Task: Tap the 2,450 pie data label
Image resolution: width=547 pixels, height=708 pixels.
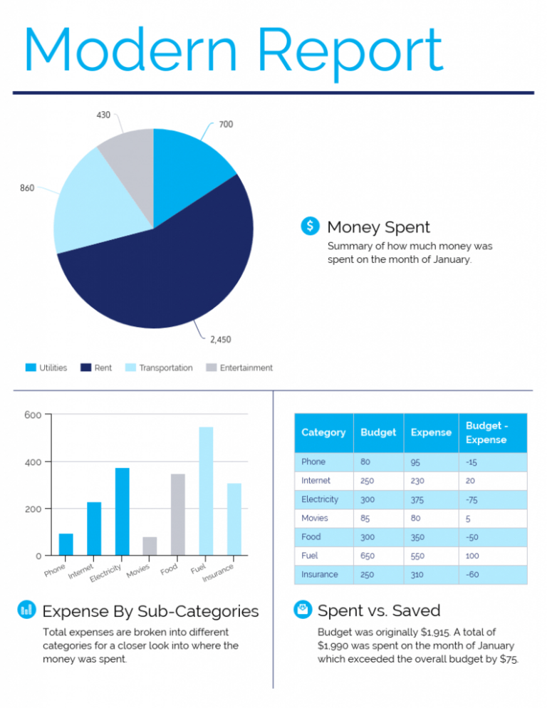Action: coord(220,339)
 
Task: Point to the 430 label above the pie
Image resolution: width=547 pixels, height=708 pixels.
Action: coord(103,115)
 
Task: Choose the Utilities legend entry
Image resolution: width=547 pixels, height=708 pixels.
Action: coord(46,368)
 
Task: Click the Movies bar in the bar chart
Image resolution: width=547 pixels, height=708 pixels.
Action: coord(150,546)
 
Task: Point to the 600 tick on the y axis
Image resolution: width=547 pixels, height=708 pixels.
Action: coord(33,415)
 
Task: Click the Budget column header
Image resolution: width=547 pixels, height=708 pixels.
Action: coord(378,432)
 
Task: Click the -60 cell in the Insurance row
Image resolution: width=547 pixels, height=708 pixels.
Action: coord(472,574)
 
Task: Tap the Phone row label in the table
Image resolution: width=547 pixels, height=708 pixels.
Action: coord(313,462)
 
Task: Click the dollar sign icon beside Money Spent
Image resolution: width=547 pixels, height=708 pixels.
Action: coord(310,226)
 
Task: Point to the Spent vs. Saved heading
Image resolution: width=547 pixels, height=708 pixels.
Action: coord(378,610)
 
